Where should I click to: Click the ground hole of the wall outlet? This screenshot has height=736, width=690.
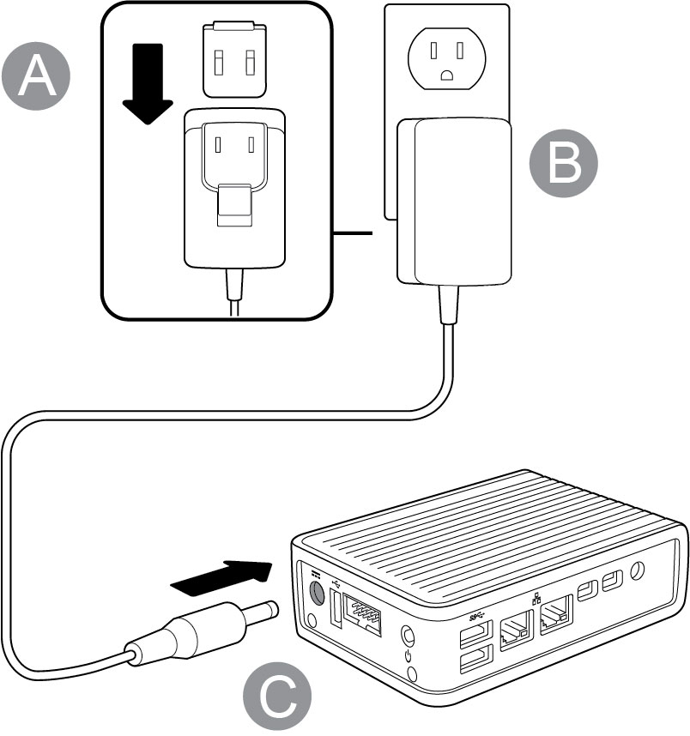[446, 75]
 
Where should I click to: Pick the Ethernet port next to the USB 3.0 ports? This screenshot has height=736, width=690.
[514, 632]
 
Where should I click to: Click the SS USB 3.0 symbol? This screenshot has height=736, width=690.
[478, 616]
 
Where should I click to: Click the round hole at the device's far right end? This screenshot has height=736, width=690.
[638, 570]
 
